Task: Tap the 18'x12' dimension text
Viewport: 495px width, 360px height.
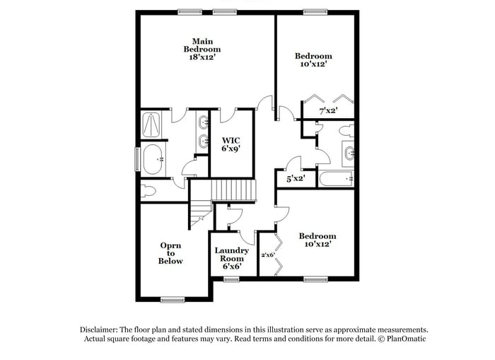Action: [x=202, y=57]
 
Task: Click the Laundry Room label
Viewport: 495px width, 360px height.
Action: [x=231, y=255]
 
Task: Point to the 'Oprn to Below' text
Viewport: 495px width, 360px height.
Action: [x=170, y=253]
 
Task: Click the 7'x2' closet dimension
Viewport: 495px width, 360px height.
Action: [x=327, y=110]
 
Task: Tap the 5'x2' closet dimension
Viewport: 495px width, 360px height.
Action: [x=295, y=180]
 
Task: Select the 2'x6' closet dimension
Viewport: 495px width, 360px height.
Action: [x=268, y=255]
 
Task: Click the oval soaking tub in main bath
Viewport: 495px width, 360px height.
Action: [x=153, y=160]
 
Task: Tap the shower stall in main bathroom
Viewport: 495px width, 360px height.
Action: [x=152, y=126]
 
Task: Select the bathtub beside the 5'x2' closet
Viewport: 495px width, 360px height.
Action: [x=336, y=178]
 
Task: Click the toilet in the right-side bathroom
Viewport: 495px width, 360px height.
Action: [x=346, y=132]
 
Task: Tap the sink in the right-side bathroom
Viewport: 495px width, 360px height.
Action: [x=348, y=153]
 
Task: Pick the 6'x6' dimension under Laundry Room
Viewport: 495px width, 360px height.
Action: [x=231, y=267]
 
